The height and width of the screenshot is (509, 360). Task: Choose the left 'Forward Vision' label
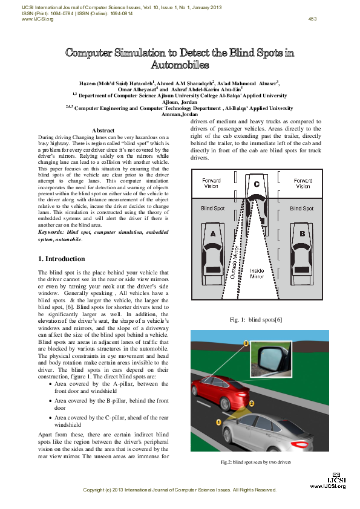click(x=212, y=183)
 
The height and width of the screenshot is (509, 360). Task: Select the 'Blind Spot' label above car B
click(x=301, y=209)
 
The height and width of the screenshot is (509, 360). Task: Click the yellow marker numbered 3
click(x=246, y=343)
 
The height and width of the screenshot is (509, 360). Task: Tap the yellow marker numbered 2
click(x=252, y=402)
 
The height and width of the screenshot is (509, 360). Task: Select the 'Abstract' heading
click(x=103, y=131)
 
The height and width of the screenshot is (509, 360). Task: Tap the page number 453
click(x=312, y=19)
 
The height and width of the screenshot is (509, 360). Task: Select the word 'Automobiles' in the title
click(x=180, y=64)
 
